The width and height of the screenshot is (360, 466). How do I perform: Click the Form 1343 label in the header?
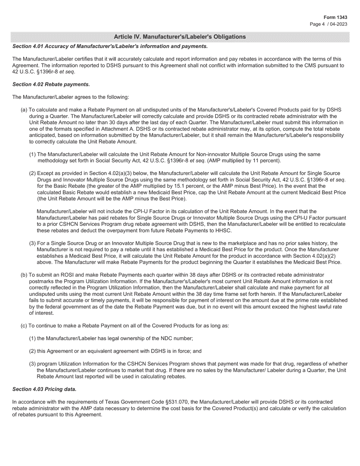[x=335, y=17]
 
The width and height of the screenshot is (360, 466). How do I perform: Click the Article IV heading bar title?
[x=180, y=37]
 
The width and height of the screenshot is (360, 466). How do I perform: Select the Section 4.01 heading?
[x=110, y=46]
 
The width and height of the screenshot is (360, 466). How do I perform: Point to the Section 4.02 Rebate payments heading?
[x=51, y=84]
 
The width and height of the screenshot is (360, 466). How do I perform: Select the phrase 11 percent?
[x=265, y=161]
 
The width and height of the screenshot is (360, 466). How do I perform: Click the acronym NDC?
[x=166, y=338]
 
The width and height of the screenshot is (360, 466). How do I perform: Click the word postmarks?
[x=41, y=281]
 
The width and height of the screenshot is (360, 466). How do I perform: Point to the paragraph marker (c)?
[x=24, y=325]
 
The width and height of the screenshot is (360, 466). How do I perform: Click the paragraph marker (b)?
[x=24, y=275]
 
